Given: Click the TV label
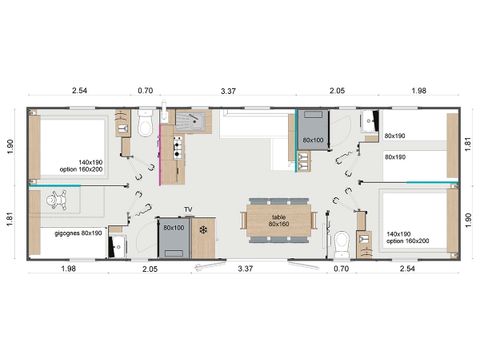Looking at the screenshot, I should pyautogui.click(x=187, y=210).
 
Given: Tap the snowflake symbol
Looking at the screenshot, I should pyautogui.click(x=203, y=231).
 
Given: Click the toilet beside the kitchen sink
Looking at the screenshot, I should pyautogui.click(x=146, y=126).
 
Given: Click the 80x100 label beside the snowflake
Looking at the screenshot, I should pyautogui.click(x=174, y=228).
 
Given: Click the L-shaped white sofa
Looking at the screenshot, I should pyautogui.click(x=254, y=128).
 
